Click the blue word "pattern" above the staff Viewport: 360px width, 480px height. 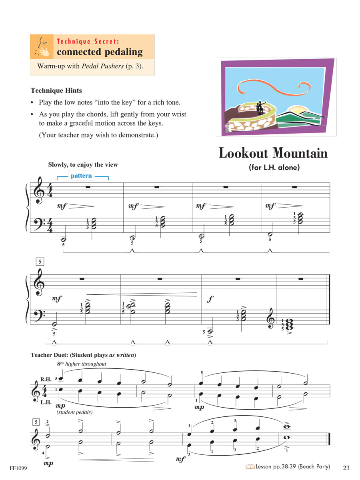pyautogui.click(x=81, y=176)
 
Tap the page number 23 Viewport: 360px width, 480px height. pyautogui.click(x=346, y=468)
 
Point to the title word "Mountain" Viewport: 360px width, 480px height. pyautogui.click(x=300, y=153)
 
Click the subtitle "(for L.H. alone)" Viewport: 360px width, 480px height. pyautogui.click(x=274, y=168)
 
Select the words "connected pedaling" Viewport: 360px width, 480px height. pyautogui.click(x=100, y=52)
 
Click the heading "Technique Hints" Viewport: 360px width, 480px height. pyautogui.click(x=56, y=90)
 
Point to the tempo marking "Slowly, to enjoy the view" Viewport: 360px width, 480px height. pyautogui.click(x=83, y=164)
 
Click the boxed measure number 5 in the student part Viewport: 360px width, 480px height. pyautogui.click(x=39, y=262)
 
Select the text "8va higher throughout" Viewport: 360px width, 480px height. pyautogui.click(x=82, y=364)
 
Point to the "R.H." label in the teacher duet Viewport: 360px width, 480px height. pyautogui.click(x=46, y=379)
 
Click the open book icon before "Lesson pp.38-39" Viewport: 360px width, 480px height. pyautogui.click(x=250, y=467)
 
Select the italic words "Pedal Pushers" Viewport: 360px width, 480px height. pyautogui.click(x=103, y=66)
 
